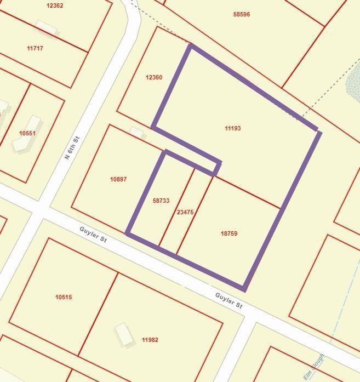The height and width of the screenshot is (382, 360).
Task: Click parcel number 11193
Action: tap(232, 128)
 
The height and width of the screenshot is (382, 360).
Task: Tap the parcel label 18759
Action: tap(229, 233)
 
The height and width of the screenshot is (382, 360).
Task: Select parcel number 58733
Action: tap(161, 201)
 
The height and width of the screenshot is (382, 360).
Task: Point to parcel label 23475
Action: tap(185, 212)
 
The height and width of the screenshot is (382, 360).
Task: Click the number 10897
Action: tap(118, 179)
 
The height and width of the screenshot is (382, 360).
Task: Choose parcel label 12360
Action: tap(154, 77)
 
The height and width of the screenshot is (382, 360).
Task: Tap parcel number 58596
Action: tap(242, 14)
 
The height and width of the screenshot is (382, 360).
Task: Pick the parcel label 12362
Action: tap(55, 5)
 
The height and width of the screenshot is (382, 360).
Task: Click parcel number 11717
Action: tap(35, 48)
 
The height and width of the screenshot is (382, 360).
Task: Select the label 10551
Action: tap(27, 133)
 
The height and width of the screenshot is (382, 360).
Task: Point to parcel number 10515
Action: tap(64, 297)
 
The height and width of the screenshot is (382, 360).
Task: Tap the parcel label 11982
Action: tap(150, 340)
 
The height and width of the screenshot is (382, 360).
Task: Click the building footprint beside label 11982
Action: tap(124, 334)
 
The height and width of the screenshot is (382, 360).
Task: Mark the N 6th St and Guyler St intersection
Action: tap(39, 209)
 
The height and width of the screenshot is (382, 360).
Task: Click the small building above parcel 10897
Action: tap(137, 132)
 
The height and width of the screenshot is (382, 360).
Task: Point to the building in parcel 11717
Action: tap(47, 28)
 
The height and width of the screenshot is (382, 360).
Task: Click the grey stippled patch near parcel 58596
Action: tap(353, 83)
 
